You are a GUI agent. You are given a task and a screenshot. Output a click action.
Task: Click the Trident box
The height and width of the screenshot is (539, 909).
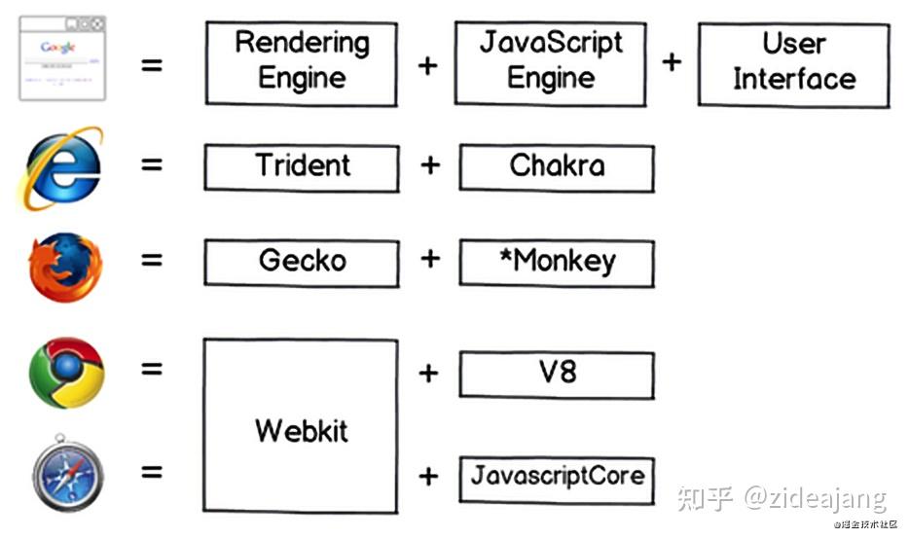(x=301, y=167)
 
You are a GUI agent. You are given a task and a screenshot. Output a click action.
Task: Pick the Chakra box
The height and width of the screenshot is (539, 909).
(x=556, y=167)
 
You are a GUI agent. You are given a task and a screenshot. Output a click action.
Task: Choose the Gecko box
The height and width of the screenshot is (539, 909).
(x=301, y=262)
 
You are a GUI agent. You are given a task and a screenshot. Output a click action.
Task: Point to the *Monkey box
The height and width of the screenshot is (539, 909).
(x=556, y=262)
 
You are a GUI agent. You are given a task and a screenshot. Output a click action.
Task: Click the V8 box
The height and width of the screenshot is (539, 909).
(x=556, y=373)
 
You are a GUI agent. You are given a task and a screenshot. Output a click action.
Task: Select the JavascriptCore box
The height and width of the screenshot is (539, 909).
(x=556, y=477)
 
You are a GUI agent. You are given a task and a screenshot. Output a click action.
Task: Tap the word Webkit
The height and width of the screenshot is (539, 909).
(x=301, y=430)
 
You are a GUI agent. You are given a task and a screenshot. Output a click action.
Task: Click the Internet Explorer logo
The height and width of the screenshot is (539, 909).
(x=62, y=166)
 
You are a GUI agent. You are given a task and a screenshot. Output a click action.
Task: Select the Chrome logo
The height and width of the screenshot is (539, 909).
(x=66, y=373)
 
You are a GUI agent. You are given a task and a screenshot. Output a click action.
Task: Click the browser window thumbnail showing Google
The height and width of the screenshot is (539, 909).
(x=62, y=58)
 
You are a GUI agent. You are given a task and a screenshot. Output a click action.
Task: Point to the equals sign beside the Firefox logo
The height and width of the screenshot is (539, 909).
(x=151, y=260)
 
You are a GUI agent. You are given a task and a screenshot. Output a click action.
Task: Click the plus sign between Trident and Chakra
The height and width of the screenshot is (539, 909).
(x=429, y=165)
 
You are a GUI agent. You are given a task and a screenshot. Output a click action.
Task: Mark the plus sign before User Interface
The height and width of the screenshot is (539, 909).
(x=672, y=62)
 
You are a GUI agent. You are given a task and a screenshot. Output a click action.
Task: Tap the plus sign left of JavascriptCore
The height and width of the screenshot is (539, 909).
(x=428, y=477)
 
